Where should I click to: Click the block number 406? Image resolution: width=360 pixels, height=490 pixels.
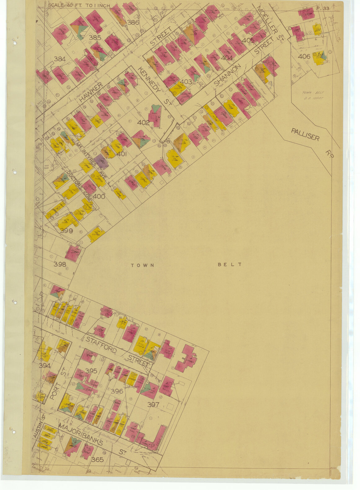click(x=304, y=56)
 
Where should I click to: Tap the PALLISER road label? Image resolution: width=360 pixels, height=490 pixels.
click(x=305, y=134)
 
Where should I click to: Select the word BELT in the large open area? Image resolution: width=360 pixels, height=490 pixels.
click(x=229, y=265)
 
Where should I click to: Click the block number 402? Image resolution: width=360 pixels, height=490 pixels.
click(x=143, y=123)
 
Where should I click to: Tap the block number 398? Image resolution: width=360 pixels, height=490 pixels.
click(x=60, y=264)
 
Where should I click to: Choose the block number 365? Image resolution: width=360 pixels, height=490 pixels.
click(x=97, y=460)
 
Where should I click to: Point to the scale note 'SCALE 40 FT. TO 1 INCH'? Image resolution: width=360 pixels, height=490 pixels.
click(x=79, y=6)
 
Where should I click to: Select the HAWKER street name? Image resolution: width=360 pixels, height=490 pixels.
click(x=90, y=92)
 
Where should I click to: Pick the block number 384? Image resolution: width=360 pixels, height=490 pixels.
click(x=60, y=59)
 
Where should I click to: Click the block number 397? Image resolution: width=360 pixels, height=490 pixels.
click(x=153, y=404)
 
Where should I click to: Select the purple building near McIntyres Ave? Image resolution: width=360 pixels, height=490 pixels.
click(x=101, y=161)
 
